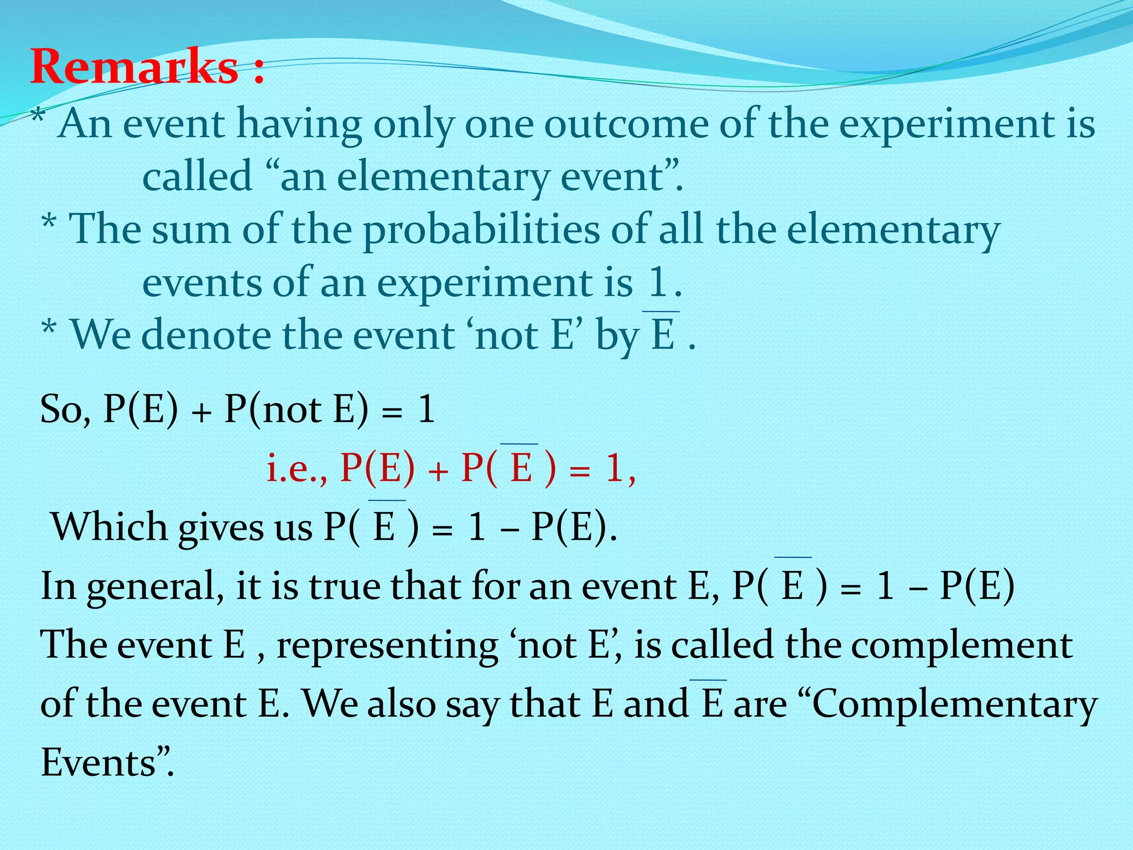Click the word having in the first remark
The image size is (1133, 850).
[x=299, y=125]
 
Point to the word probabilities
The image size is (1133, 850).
[x=481, y=230]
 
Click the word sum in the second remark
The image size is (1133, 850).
[x=191, y=230]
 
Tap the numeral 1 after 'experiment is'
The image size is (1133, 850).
[x=658, y=283]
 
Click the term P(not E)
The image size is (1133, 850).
[x=296, y=410]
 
